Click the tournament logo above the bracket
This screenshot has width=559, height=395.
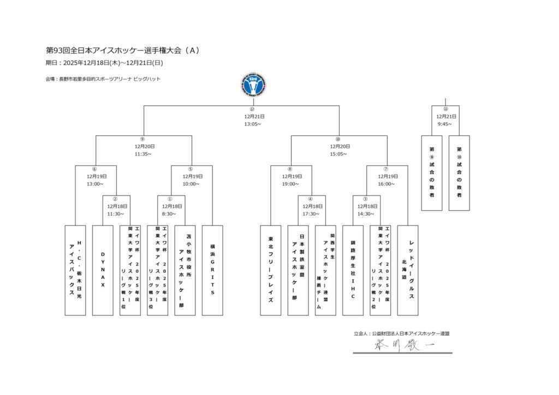253,85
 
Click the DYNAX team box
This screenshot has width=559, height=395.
103,270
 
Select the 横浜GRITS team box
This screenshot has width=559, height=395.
212,270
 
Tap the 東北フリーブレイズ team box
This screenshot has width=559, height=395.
270,270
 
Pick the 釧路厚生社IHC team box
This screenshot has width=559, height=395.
353,270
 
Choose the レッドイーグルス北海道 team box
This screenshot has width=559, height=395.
408,270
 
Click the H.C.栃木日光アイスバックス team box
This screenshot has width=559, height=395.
75,270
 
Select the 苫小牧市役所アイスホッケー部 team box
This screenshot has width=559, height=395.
185,270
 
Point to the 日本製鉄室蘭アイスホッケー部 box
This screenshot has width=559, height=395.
298,270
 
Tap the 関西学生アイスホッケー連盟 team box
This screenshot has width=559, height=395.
325,270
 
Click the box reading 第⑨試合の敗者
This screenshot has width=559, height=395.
432,172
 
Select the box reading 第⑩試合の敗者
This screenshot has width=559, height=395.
459,172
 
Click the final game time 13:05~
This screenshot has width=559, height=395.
253,124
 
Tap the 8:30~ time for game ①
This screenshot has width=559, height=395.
170,214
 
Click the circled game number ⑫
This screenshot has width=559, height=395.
252,109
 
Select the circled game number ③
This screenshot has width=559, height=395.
366,199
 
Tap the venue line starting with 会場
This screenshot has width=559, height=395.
103,79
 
